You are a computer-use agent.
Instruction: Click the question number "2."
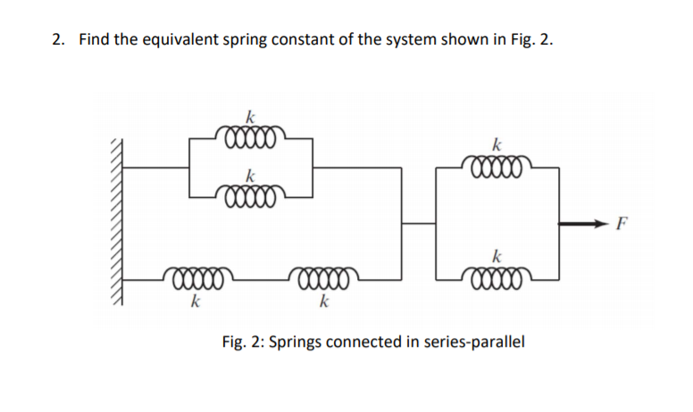(x=58, y=40)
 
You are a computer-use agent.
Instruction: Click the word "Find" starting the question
(x=95, y=40)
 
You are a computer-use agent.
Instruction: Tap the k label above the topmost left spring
(x=251, y=115)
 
